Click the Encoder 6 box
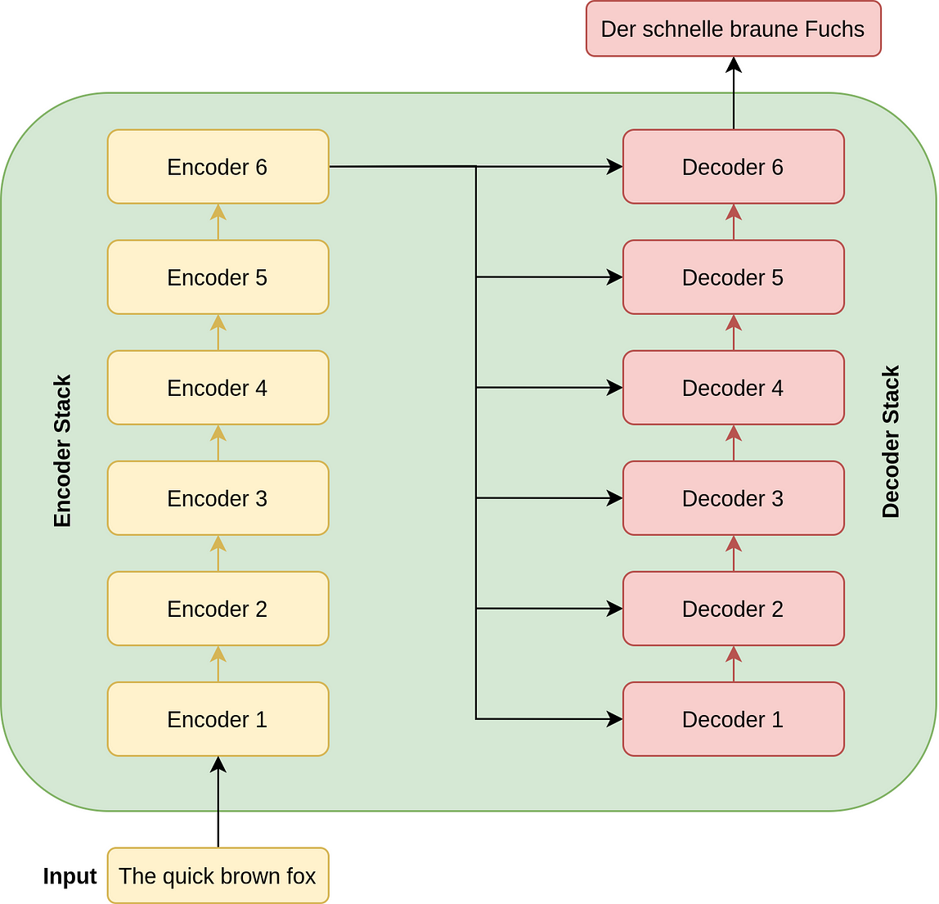pyautogui.click(x=218, y=167)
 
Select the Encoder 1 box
pyautogui.click(x=218, y=719)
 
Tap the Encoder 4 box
pyautogui.click(x=218, y=388)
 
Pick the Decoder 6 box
pyautogui.click(x=733, y=167)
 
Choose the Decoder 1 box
pyautogui.click(x=733, y=719)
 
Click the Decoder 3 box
pyautogui.click(x=733, y=498)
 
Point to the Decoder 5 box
pyautogui.click(x=733, y=277)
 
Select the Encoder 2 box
pyautogui.click(x=218, y=609)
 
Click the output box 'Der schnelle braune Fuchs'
pyautogui.click(x=733, y=29)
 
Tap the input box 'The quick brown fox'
pyautogui.click(x=218, y=876)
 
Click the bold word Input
pyautogui.click(x=70, y=876)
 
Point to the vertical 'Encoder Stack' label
pyautogui.click(x=63, y=451)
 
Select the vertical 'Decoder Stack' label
pyautogui.click(x=891, y=442)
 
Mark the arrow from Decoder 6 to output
pyautogui.click(x=734, y=93)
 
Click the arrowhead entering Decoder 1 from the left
pyautogui.click(x=614, y=719)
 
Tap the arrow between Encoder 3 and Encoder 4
pyautogui.click(x=218, y=443)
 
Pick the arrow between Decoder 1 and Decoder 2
pyautogui.click(x=734, y=663)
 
